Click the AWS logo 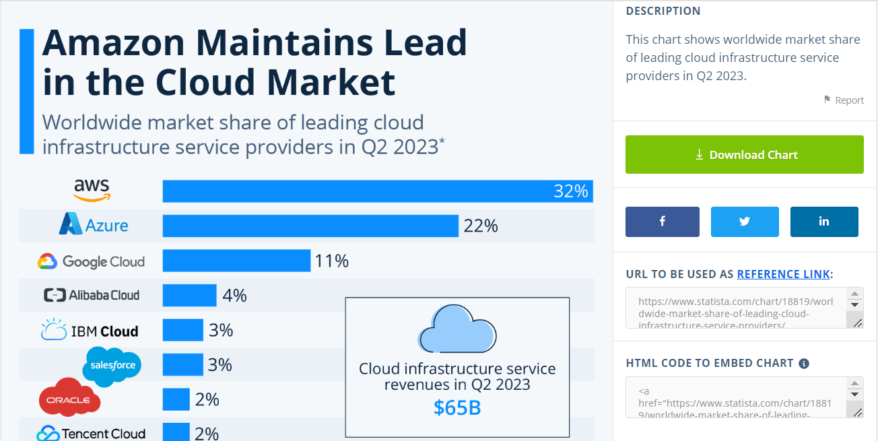(x=92, y=190)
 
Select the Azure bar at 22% (x=310, y=226)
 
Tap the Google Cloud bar (x=236, y=261)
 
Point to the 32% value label (x=571, y=191)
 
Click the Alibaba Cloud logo (x=92, y=295)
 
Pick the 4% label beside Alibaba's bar (x=235, y=296)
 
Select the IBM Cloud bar (x=182, y=330)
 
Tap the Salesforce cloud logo (x=112, y=366)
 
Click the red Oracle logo (x=69, y=399)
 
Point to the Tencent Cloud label (x=92, y=434)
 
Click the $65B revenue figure (x=457, y=407)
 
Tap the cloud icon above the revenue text (x=457, y=329)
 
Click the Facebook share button (x=663, y=222)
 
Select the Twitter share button (x=745, y=222)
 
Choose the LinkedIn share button (x=824, y=222)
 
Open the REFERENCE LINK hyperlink (x=783, y=274)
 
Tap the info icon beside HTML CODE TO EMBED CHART (x=804, y=364)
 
